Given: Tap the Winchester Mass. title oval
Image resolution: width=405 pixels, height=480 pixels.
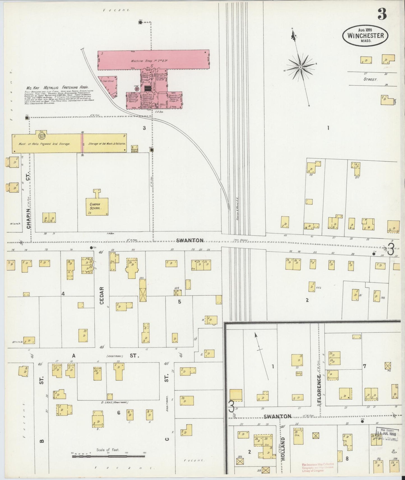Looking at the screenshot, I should coord(365,35).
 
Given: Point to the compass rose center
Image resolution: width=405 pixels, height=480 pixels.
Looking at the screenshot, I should coord(300,67).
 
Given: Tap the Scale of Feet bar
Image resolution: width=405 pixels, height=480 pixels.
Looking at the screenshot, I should coord(109,456).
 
